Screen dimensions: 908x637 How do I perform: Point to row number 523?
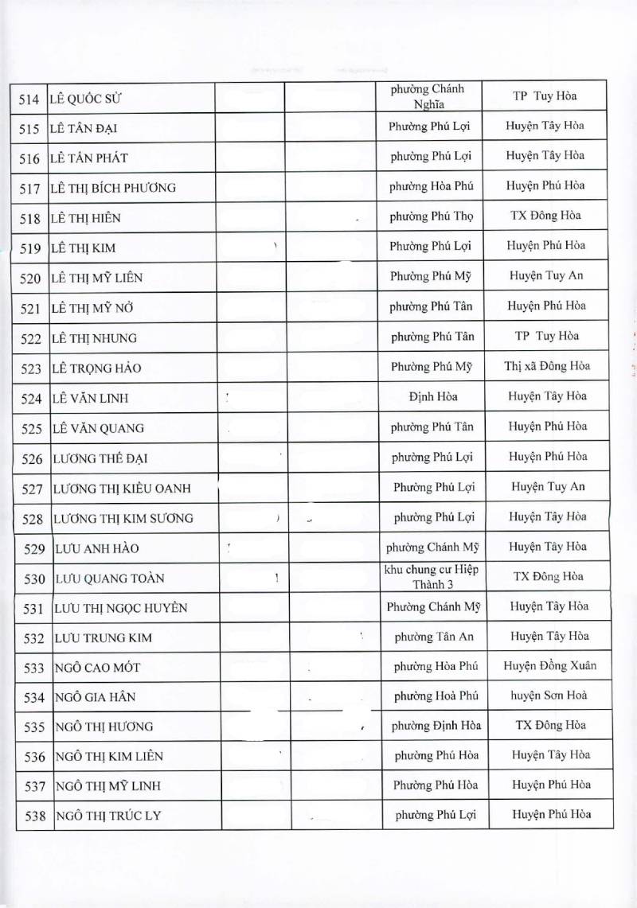click(29, 368)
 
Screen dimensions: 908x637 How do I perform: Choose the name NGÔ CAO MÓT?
click(98, 667)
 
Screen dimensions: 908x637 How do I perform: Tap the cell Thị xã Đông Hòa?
click(545, 367)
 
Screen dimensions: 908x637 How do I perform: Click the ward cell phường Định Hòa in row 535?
click(436, 726)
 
